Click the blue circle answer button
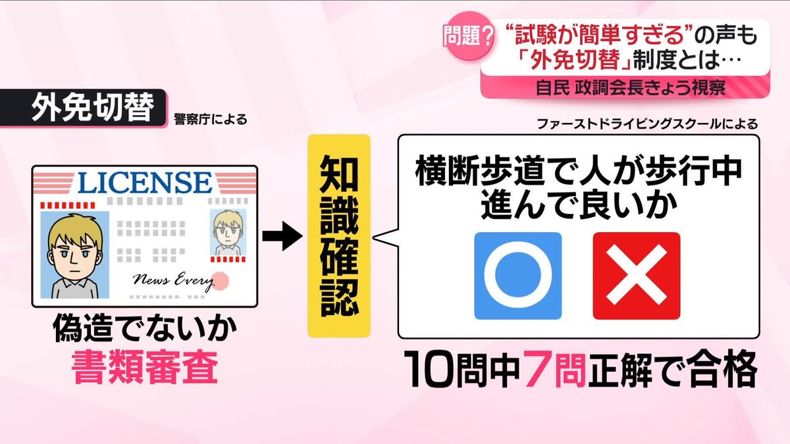point(517,276)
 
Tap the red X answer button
point(636,276)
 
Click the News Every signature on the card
point(173,281)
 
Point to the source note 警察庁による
point(211,119)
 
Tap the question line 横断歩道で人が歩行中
point(579,172)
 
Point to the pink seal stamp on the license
point(223,281)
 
